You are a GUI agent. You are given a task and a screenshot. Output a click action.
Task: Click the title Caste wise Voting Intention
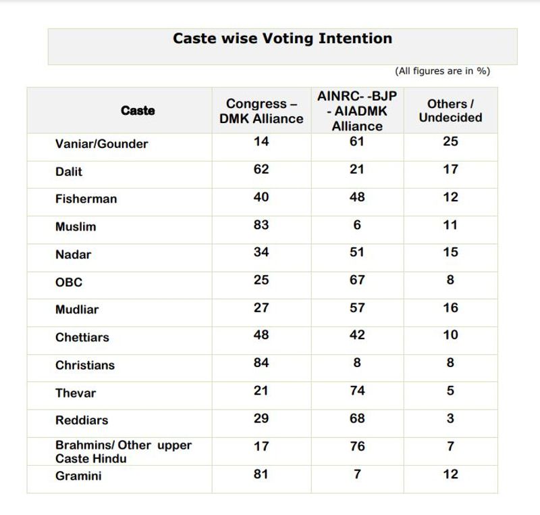click(x=282, y=39)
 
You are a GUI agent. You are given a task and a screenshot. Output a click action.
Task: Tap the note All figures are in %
click(x=443, y=71)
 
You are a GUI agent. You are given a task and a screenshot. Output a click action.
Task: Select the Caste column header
click(x=138, y=111)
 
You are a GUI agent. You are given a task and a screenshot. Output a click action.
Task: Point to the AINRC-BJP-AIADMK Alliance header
click(x=357, y=111)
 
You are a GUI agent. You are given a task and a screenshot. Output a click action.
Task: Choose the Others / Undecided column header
click(x=450, y=111)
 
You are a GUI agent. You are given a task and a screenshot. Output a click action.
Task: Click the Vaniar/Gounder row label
click(x=101, y=144)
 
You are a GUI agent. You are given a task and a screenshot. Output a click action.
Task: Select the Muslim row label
click(x=76, y=227)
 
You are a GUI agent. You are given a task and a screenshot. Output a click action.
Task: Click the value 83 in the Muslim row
click(x=261, y=225)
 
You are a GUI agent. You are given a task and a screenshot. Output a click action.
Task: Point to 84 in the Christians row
click(x=261, y=363)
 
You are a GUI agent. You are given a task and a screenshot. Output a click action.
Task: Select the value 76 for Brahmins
click(x=357, y=446)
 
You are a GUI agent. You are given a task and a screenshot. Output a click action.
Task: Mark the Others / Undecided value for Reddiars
click(x=450, y=418)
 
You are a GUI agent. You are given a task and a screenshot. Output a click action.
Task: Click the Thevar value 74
click(x=357, y=391)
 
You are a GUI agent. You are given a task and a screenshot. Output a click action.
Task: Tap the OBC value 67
click(x=357, y=280)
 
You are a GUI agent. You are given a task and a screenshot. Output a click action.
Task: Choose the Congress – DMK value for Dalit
click(x=261, y=170)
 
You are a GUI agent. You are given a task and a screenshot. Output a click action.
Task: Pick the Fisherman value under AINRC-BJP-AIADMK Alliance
click(x=357, y=197)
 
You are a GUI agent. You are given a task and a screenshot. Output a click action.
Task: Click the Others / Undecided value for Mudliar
click(x=450, y=308)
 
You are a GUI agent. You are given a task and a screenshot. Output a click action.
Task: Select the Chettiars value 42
click(x=357, y=335)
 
